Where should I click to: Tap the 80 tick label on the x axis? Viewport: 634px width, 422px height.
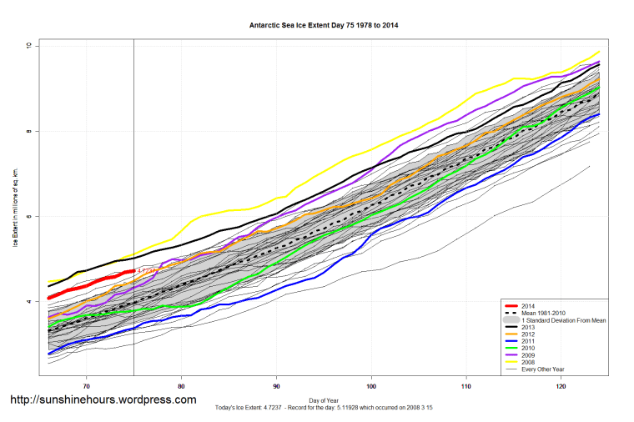pos(181,387)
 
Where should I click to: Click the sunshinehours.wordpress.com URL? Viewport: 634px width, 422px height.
pos(103,399)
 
